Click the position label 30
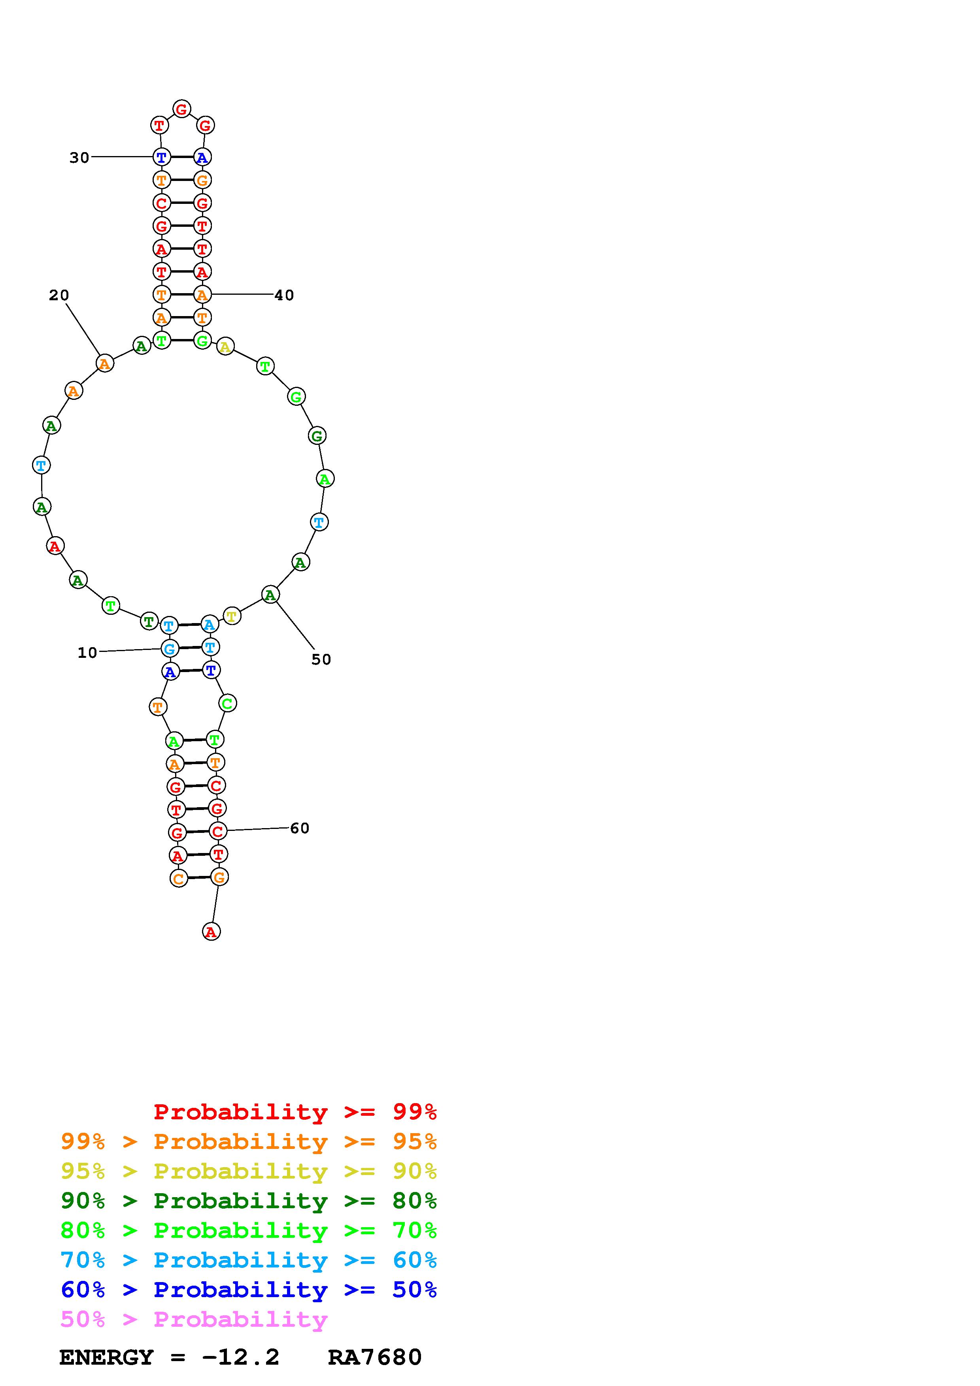tap(79, 158)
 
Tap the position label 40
tap(284, 295)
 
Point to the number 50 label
tap(321, 660)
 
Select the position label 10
tap(87, 653)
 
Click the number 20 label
tap(59, 295)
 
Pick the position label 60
tap(300, 828)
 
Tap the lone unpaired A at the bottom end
tap(211, 932)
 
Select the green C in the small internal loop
tap(227, 703)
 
